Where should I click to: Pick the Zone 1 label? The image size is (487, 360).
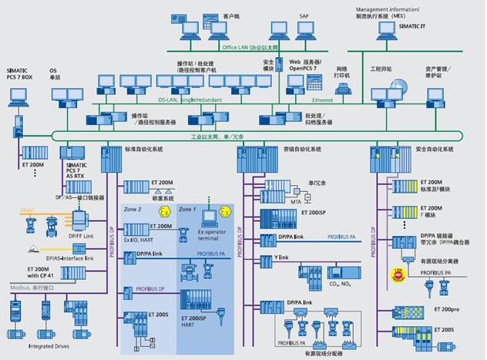pos(189,210)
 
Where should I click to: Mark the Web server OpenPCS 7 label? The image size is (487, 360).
pos(305,64)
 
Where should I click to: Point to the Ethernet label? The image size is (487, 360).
pos(324,99)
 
